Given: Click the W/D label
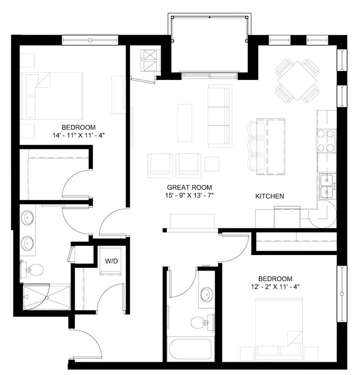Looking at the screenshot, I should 111,261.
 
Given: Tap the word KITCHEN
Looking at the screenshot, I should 269,196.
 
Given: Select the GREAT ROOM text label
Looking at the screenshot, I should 189,187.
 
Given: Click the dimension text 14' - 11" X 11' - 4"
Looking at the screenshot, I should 79,134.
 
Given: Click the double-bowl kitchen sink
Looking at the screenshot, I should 327,186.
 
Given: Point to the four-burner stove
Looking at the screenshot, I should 326,140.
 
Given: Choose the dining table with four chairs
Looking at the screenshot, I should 297,80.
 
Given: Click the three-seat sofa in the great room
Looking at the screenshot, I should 220,116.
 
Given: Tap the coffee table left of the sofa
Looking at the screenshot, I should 185,116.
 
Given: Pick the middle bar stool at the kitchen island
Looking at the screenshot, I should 257,146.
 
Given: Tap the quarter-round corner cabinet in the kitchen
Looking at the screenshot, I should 323,214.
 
